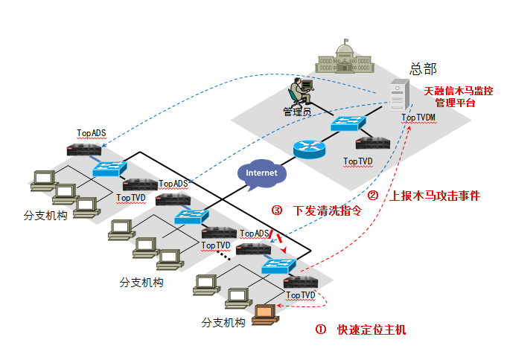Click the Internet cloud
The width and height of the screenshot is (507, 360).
[x=261, y=173]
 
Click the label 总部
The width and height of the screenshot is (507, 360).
[x=422, y=68]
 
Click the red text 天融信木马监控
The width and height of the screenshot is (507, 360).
[x=459, y=91]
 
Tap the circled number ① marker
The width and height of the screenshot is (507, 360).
[x=321, y=330]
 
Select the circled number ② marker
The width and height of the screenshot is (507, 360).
[x=374, y=196]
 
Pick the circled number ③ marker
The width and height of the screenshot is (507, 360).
[x=277, y=210]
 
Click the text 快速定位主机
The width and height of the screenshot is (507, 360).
[x=372, y=330]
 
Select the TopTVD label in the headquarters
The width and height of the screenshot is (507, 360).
[x=358, y=161]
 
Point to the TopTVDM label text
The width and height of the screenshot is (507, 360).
[x=418, y=118]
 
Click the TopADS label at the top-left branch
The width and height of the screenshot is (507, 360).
[x=92, y=134]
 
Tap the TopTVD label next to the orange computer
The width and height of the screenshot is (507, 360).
[x=301, y=295]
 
